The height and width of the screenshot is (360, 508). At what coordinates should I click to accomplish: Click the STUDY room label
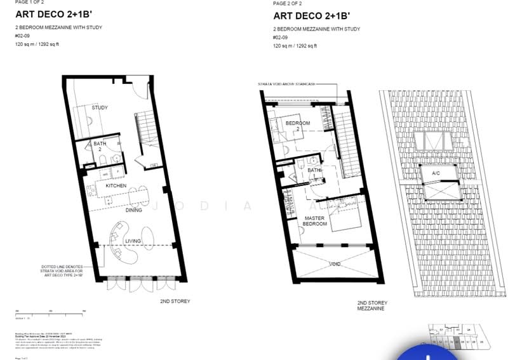100,107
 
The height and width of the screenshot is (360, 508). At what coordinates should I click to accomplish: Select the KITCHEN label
116,185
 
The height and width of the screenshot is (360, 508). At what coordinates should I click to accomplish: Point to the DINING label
133,210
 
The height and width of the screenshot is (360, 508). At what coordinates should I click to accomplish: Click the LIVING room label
133,241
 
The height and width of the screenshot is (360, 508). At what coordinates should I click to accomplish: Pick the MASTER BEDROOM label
314,221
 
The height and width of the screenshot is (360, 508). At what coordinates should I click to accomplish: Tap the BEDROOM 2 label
297,126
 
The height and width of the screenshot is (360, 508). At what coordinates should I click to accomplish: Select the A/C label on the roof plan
436,173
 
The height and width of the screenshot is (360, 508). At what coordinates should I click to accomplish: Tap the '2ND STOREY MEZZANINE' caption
372,305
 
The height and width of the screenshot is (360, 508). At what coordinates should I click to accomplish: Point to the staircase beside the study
142,127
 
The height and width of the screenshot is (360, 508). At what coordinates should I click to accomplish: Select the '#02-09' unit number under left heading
22,36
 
